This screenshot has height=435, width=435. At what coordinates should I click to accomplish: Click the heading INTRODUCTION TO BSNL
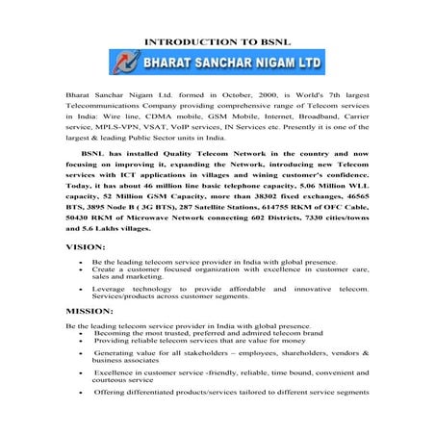(x=217, y=42)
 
